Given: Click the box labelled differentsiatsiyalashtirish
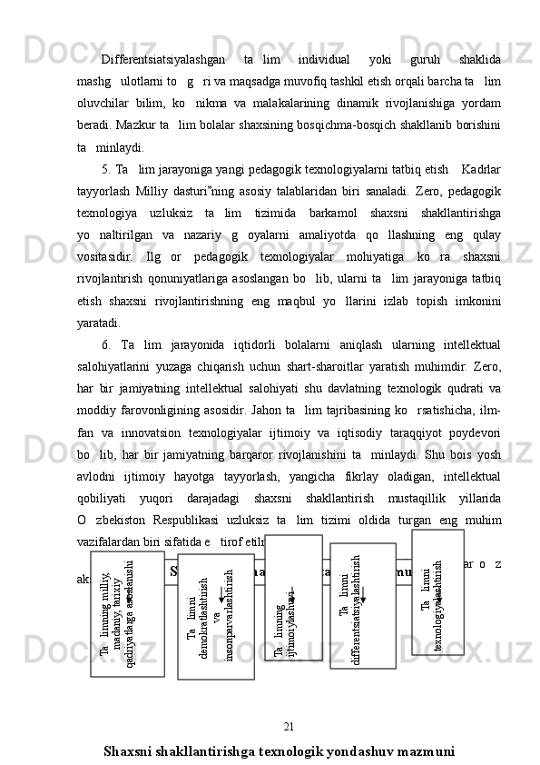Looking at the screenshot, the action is (361, 606).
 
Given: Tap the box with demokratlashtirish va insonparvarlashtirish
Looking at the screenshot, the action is (215, 617).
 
